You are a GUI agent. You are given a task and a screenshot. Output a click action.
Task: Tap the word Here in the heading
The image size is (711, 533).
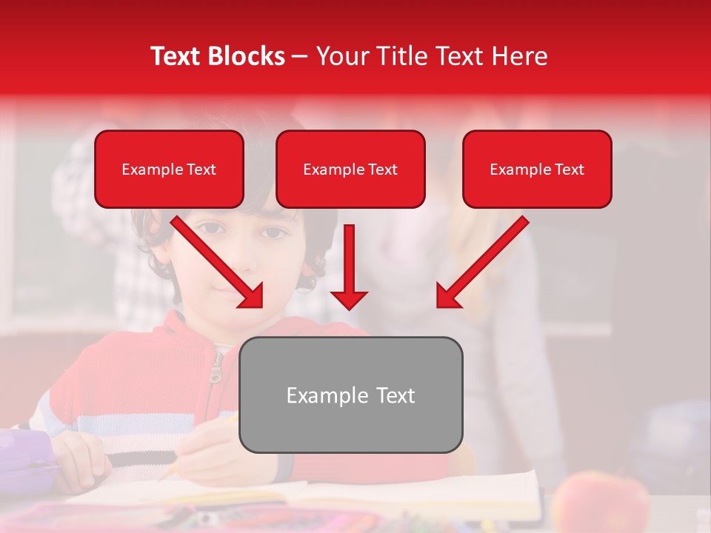518,56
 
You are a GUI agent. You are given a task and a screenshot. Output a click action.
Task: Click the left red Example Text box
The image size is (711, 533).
169,170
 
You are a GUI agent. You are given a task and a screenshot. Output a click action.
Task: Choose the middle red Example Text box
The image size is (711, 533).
350,170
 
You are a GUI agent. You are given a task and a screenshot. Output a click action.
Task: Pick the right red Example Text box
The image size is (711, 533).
537,170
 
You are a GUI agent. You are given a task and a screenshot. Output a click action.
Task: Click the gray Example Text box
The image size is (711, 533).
350,395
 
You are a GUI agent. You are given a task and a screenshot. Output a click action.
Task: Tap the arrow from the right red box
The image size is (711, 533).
482,262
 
